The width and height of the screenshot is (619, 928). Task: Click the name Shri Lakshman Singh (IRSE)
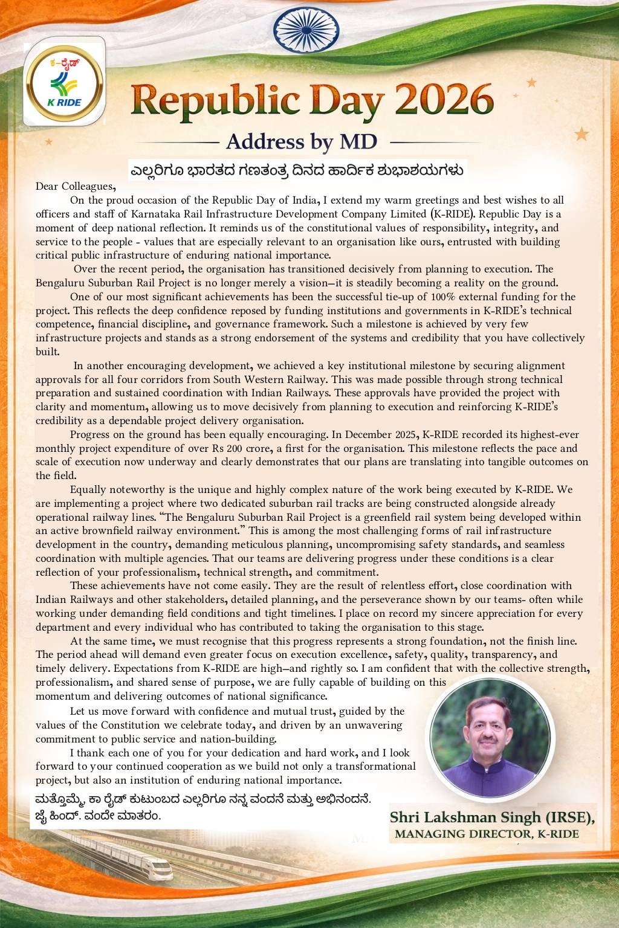(493, 817)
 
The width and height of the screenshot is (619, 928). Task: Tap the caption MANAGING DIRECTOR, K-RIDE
(486, 834)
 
